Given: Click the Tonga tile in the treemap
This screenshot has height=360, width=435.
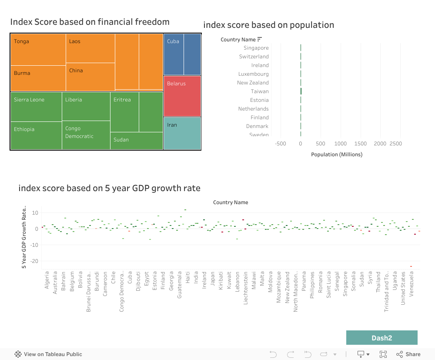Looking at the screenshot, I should click(x=38, y=50).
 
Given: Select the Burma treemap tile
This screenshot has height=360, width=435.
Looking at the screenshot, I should click(x=38, y=78).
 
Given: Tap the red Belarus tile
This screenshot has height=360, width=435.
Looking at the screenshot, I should click(x=182, y=96).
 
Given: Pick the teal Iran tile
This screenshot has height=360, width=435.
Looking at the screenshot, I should click(x=182, y=133).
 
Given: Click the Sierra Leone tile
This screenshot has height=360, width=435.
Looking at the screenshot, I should click(x=36, y=107).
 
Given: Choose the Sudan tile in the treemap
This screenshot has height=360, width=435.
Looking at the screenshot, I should click(x=137, y=141).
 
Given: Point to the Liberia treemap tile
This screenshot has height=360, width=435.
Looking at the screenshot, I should click(x=86, y=106).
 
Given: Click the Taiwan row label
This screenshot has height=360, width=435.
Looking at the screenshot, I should click(x=260, y=91).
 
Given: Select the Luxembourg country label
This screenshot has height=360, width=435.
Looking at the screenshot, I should click(x=254, y=74).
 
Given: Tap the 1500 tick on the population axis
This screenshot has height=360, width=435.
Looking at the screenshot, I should click(x=360, y=144).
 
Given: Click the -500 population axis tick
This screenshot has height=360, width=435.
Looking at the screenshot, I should click(x=281, y=144).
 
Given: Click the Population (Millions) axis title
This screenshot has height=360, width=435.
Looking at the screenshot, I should click(x=337, y=155).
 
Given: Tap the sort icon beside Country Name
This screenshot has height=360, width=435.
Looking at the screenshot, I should click(x=260, y=40).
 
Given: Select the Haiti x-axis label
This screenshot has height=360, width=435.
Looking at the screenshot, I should click(x=187, y=278).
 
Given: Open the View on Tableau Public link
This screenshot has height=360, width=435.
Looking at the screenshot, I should click(x=48, y=354).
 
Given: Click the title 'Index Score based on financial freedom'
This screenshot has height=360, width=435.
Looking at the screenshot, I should click(x=90, y=22).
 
